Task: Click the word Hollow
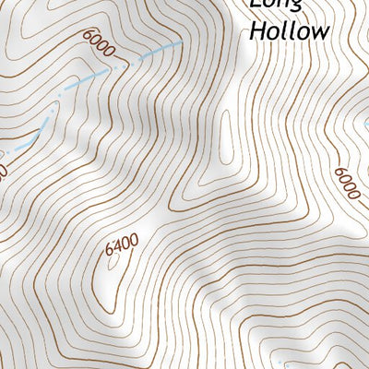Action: pyautogui.click(x=289, y=30)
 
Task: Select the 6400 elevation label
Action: pyautogui.click(x=121, y=245)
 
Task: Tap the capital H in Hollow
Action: pyautogui.click(x=256, y=30)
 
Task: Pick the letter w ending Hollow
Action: pyautogui.click(x=318, y=31)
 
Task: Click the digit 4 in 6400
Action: pyautogui.click(x=116, y=245)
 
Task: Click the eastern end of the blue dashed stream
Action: pyautogui.click(x=177, y=42)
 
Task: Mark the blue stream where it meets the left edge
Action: pyautogui.click(x=3, y=152)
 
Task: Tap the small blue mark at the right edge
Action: pyautogui.click(x=364, y=121)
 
